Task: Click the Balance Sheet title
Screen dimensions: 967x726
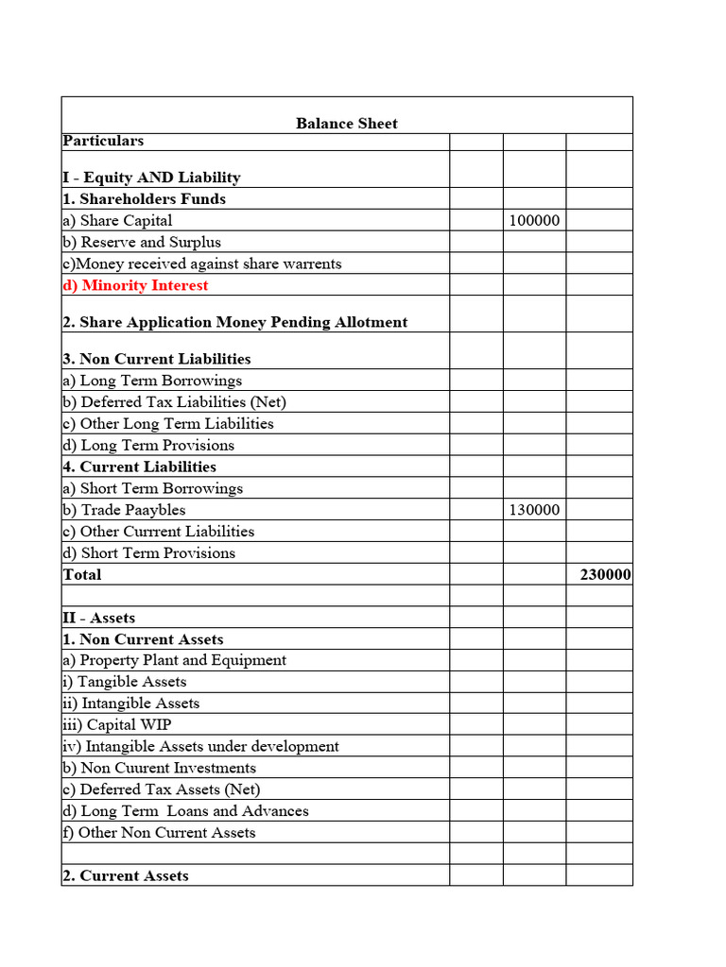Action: pyautogui.click(x=347, y=124)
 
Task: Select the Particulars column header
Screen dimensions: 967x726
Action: pyautogui.click(x=103, y=141)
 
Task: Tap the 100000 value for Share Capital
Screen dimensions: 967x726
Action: pyautogui.click(x=534, y=221)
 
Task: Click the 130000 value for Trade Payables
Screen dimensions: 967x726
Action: pyautogui.click(x=534, y=510)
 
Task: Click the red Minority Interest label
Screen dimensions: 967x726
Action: pyautogui.click(x=135, y=285)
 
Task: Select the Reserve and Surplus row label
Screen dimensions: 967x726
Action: pyautogui.click(x=142, y=242)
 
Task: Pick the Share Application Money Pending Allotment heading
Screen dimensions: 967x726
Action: pyautogui.click(x=234, y=322)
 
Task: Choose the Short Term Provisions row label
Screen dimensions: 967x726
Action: pyautogui.click(x=148, y=553)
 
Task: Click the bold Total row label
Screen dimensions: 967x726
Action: pyautogui.click(x=82, y=574)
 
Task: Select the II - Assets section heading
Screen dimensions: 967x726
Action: pyautogui.click(x=99, y=618)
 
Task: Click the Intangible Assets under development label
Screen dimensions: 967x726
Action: pyautogui.click(x=200, y=746)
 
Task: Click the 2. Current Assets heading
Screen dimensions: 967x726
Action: pyautogui.click(x=126, y=875)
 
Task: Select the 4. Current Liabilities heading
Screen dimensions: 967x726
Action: pyautogui.click(x=139, y=467)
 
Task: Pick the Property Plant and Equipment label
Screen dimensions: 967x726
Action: pyautogui.click(x=174, y=660)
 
